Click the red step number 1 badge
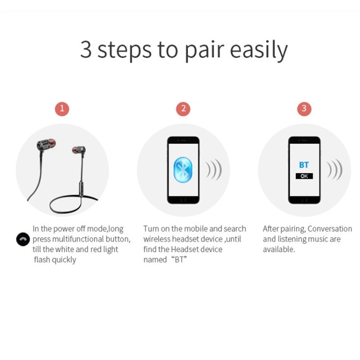61,108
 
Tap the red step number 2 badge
182,108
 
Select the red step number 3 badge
303,108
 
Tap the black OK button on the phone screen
304,176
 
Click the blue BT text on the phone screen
304,165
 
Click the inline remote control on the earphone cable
82,185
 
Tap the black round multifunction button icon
23,239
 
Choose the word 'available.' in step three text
279,250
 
